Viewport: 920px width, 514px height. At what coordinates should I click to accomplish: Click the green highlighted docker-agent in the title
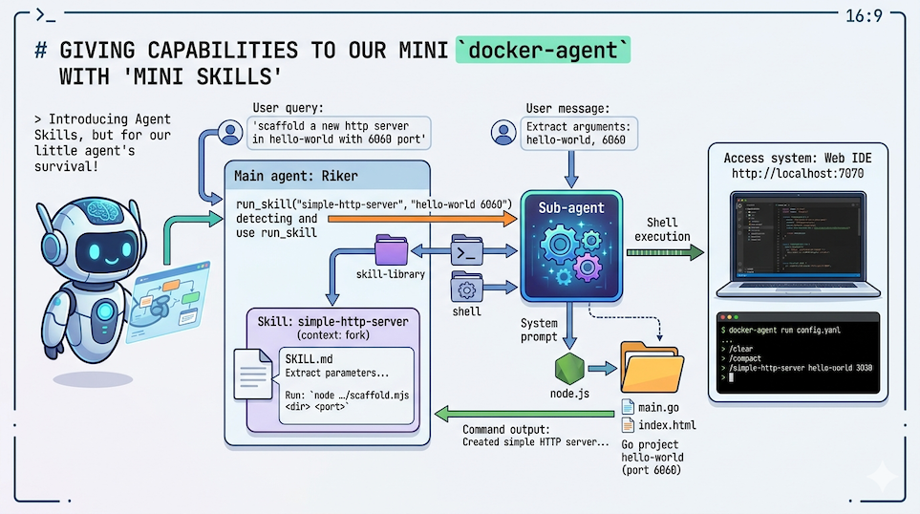coord(543,50)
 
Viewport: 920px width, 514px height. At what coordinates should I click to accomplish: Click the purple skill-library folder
coord(391,250)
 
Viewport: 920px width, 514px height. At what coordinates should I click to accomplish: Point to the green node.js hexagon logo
coord(568,367)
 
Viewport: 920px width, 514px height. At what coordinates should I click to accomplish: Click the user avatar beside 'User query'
coord(228,132)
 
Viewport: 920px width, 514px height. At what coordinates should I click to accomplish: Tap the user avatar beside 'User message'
coord(504,132)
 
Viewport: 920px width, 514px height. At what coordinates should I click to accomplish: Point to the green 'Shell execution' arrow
coord(665,252)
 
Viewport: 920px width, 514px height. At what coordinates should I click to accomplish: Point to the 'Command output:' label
coord(507,429)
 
